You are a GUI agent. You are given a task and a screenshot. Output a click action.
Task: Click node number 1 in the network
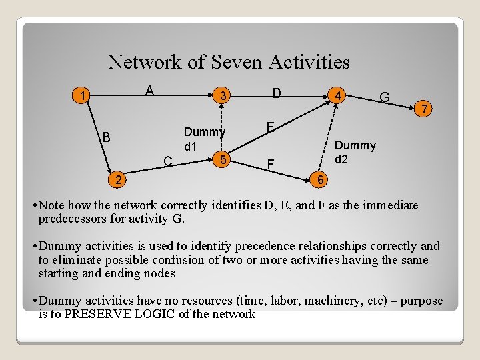point(81,96)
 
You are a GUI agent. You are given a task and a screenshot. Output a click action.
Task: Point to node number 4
point(339,97)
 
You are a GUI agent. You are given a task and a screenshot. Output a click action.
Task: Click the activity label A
point(150,91)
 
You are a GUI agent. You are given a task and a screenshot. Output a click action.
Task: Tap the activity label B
point(105,138)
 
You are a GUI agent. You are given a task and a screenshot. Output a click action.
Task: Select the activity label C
point(169,160)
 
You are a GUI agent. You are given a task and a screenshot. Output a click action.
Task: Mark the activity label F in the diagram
point(270,163)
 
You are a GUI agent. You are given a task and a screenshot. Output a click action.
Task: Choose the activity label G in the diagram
point(385,98)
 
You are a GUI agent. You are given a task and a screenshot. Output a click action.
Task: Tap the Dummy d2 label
point(355,152)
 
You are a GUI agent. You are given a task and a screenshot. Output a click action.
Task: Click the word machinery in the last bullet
point(338,301)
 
